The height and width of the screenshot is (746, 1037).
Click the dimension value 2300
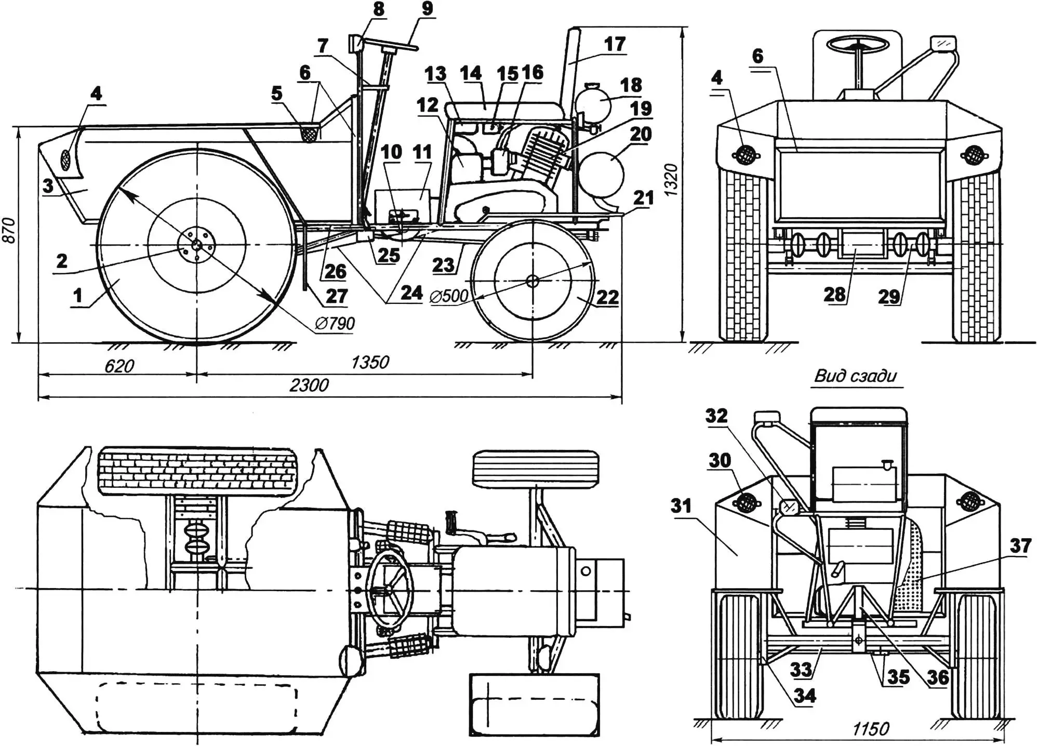point(309,385)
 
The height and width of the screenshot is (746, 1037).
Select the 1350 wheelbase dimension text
point(370,362)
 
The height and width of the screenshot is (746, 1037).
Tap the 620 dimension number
point(119,366)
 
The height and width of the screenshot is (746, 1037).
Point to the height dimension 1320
point(671,179)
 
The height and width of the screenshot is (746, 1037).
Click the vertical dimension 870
point(9,230)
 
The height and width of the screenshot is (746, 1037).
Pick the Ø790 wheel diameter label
point(335,324)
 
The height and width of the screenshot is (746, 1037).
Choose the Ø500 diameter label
point(449,296)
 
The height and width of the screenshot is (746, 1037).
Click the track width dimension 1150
point(871,729)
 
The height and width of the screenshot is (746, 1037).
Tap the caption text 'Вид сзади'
point(856,376)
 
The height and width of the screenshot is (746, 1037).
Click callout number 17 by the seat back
point(615,44)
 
